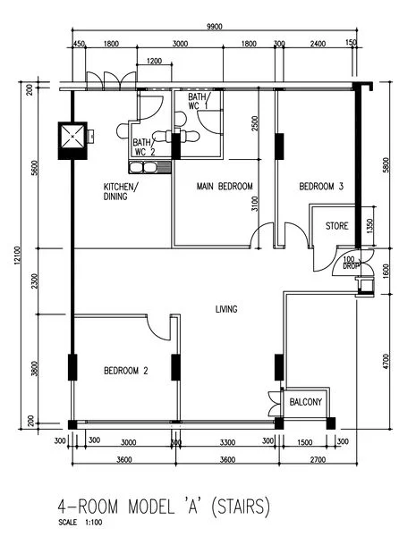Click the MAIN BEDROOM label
click(225, 187)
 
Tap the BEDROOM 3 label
click(321, 187)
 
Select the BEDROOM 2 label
click(125, 371)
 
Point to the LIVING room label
click(226, 310)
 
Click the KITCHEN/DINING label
click(121, 191)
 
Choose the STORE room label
click(336, 226)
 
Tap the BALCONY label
click(306, 403)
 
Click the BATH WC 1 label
click(198, 101)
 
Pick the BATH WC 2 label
click(144, 147)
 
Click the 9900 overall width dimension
click(214, 28)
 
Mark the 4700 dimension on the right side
click(386, 362)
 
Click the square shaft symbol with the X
click(72, 136)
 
